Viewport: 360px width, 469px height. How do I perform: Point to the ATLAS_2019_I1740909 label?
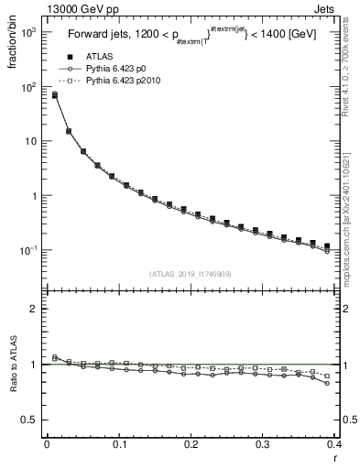189,274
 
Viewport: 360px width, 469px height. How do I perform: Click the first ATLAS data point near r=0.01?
54,94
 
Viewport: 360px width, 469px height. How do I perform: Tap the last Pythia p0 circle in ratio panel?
328,384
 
